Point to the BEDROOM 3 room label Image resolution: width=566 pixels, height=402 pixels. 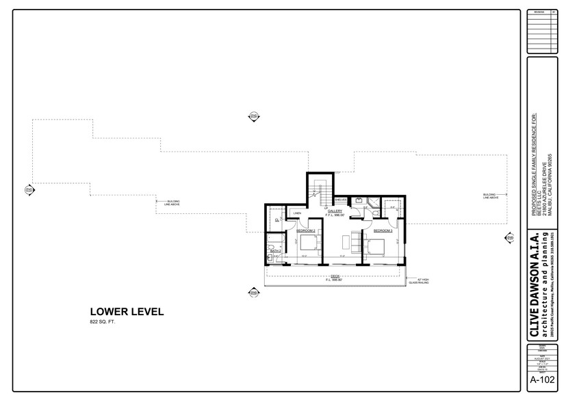click(383, 231)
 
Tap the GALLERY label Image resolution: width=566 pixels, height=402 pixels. click(335, 212)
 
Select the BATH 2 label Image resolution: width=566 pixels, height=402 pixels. click(275, 251)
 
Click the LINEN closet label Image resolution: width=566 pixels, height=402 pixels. click(298, 213)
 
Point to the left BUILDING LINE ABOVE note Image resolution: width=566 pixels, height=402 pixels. click(172, 203)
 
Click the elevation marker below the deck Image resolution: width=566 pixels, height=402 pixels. click(254, 293)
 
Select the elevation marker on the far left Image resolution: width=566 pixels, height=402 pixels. click(29, 189)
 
